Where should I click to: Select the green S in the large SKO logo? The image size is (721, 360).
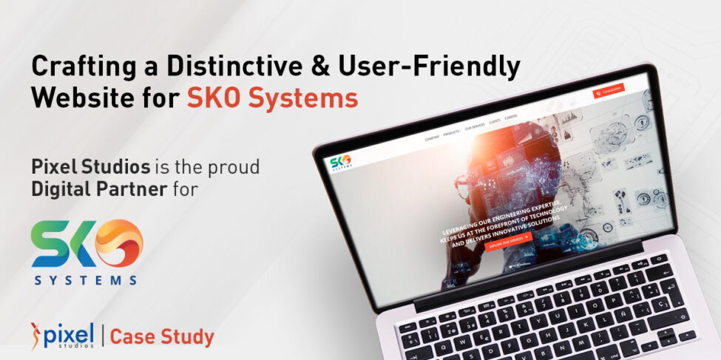(48, 245)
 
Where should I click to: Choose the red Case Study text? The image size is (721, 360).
(162, 337)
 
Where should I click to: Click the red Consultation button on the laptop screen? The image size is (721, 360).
(609, 90)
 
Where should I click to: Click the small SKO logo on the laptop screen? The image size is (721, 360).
(341, 160)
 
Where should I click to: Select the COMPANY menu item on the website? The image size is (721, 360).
(432, 137)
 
